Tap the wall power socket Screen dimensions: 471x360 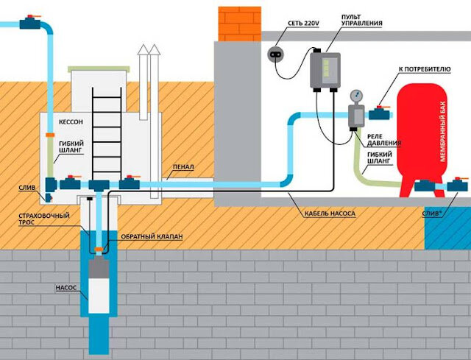[275, 54]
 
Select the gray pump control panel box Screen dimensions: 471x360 [325, 71]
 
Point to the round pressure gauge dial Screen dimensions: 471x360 [356, 96]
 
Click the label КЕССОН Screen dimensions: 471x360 [71, 122]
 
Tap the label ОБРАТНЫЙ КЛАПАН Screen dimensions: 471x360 [152, 237]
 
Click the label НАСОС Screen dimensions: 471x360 [66, 288]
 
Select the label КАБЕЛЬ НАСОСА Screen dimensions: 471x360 [330, 213]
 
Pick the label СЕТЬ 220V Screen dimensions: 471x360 [303, 24]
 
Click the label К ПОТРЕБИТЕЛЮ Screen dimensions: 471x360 [425, 69]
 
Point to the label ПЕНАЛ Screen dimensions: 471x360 [183, 167]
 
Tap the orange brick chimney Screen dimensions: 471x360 [239, 24]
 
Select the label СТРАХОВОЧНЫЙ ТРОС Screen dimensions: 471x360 [44, 219]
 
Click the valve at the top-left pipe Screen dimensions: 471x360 [30, 23]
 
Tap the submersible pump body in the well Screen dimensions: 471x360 [99, 285]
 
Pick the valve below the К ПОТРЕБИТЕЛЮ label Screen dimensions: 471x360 [380, 113]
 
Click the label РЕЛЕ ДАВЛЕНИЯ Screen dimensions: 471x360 [384, 140]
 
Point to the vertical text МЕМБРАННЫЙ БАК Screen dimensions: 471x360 [443, 131]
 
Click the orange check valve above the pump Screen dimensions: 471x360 [99, 249]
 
